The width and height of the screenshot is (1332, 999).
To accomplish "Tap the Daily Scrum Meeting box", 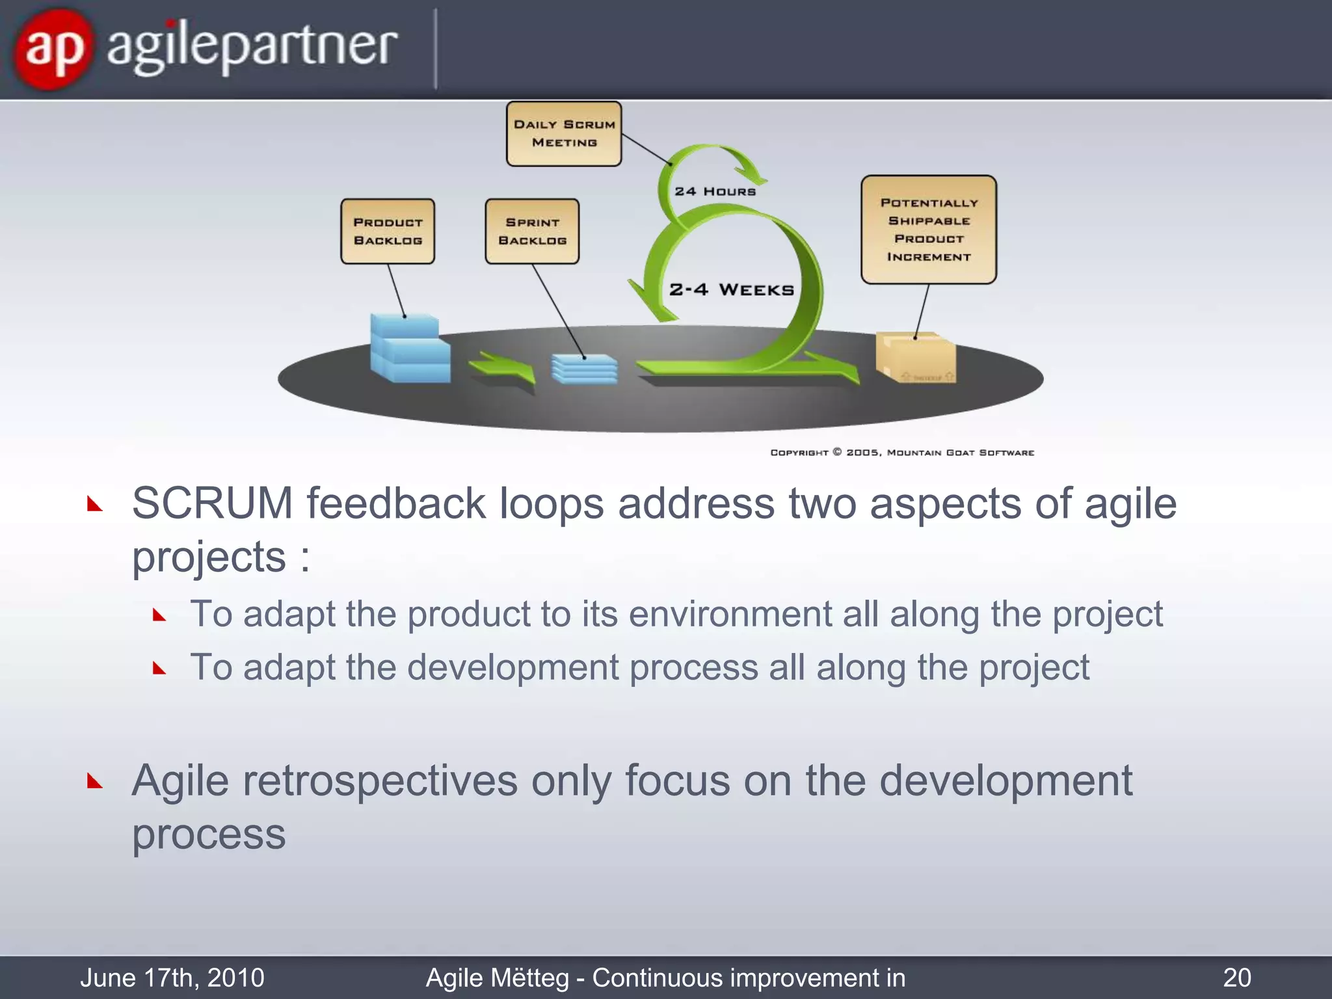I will click(564, 133).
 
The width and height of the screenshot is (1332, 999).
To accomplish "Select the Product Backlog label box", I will click(388, 232).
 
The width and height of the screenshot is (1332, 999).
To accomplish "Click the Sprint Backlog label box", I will click(532, 232).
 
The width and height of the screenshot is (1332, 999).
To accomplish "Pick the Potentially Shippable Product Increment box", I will click(929, 230).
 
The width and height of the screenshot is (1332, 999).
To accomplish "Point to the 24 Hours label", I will click(715, 191).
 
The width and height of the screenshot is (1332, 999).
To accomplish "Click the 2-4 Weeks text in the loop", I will click(732, 289).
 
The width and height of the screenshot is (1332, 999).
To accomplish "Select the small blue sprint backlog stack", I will click(584, 369).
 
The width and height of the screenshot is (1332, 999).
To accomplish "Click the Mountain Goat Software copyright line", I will click(902, 453).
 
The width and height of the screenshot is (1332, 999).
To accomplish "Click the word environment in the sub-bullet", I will click(730, 614).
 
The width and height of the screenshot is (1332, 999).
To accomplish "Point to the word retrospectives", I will click(380, 780).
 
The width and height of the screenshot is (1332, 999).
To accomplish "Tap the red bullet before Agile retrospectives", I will click(95, 780).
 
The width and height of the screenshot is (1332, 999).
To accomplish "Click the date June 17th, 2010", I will click(172, 978).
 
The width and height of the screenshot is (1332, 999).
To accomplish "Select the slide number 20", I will click(1236, 978).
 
